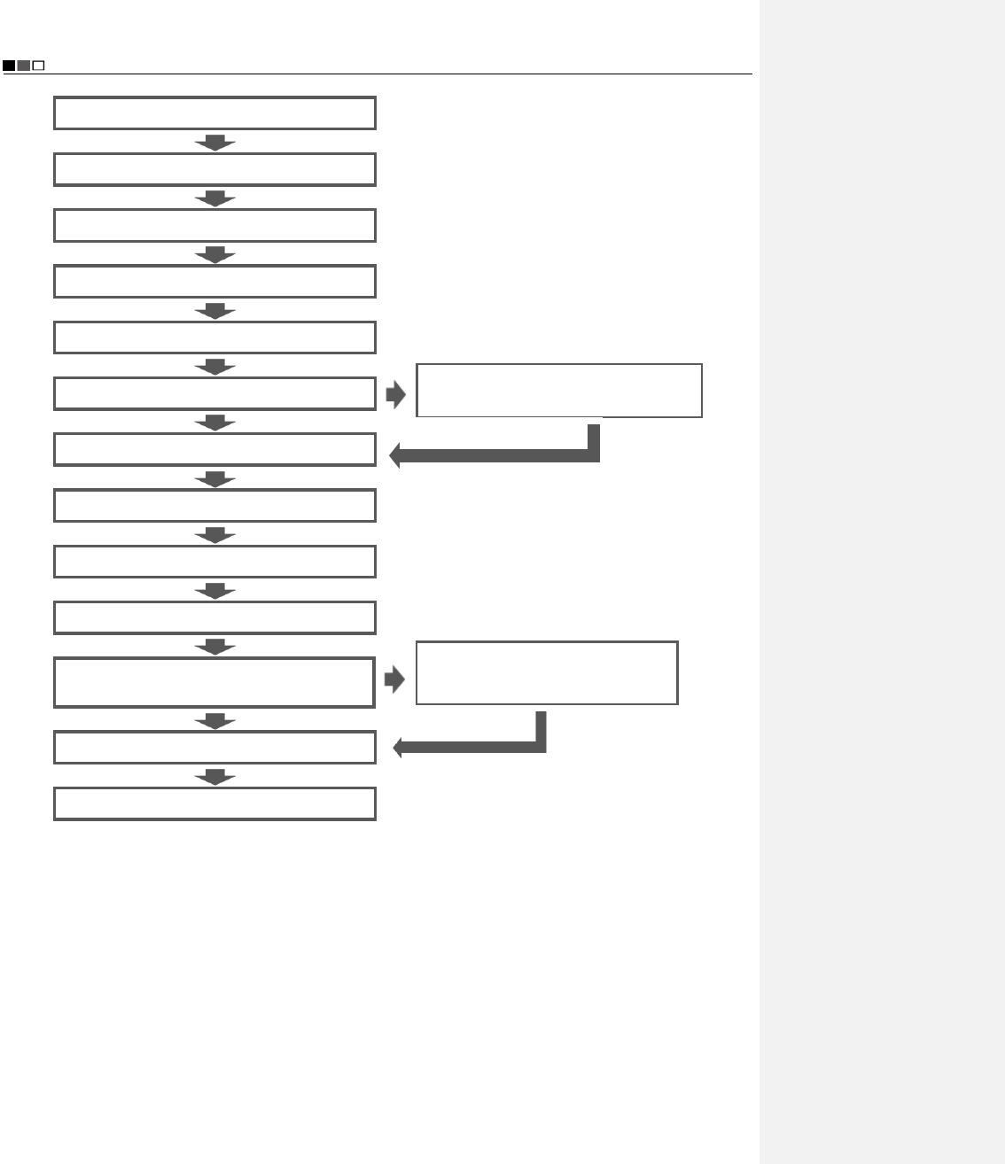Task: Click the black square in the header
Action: (9, 66)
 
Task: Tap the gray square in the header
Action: (24, 66)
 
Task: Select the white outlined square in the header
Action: (38, 66)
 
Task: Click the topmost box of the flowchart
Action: (214, 113)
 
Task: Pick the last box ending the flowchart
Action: (214, 803)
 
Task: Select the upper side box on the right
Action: (559, 390)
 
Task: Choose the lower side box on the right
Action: (547, 673)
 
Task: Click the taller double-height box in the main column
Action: (214, 682)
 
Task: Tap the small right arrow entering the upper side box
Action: (396, 395)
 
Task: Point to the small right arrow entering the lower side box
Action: (395, 680)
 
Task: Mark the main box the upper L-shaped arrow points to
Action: (214, 449)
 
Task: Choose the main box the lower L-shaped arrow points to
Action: (214, 748)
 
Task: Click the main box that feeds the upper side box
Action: (214, 393)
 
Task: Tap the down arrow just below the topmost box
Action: (214, 143)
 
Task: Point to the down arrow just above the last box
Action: (214, 777)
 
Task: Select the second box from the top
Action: (214, 169)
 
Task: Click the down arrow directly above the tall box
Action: (214, 647)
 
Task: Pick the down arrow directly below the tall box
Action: (214, 721)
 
